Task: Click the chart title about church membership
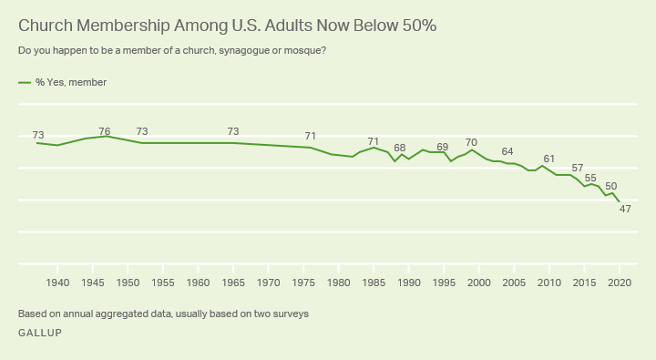(227, 26)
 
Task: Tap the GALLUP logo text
(40, 332)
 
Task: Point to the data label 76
(105, 131)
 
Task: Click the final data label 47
(625, 209)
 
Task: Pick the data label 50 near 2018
(610, 186)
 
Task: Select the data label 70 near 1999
(471, 142)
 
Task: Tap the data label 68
(399, 148)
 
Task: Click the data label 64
(507, 151)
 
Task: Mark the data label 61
(548, 159)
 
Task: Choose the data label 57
(577, 169)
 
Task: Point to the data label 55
(590, 178)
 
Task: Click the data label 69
(443, 147)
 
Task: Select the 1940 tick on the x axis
(57, 283)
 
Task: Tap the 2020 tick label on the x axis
(620, 283)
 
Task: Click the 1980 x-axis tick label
(339, 283)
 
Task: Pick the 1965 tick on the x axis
(233, 283)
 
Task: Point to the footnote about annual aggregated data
(163, 314)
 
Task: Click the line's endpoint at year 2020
(620, 201)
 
